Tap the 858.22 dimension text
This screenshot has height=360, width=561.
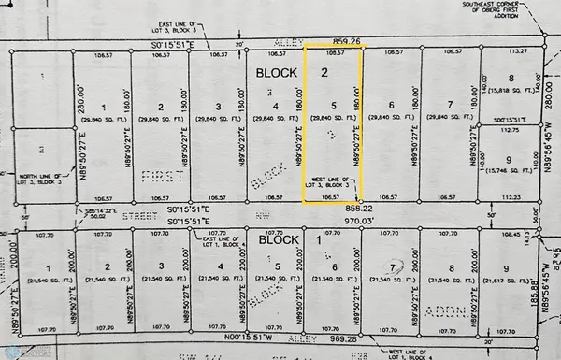337,208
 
